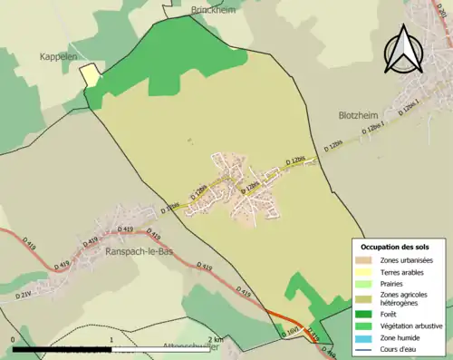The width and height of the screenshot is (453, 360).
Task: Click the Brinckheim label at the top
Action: pos(213,10)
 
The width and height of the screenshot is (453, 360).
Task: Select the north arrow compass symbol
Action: pos(406,49)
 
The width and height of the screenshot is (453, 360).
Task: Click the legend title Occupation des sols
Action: pos(395,247)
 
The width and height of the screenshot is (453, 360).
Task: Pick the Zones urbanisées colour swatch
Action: pos(366,261)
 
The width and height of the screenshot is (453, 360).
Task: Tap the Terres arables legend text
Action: pos(406,272)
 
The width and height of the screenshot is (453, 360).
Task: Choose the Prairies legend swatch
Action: pos(366,284)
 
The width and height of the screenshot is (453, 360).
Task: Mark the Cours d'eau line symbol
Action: pos(366,348)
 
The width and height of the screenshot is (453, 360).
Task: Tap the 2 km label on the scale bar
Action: pos(215,339)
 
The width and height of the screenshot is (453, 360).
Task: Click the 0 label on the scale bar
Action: pos(13,339)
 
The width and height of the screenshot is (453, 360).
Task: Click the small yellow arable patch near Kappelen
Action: pos(91,73)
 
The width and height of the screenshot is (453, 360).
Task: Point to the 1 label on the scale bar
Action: pos(111,339)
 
